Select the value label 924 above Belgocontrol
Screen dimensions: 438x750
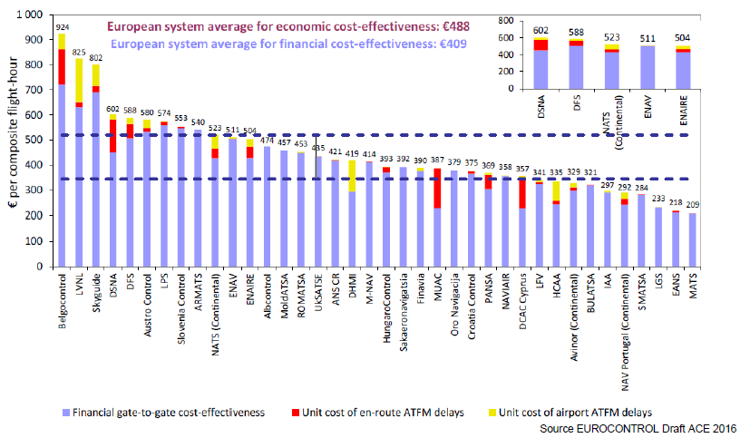pos(62,27)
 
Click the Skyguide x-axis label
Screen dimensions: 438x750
pos(96,296)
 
